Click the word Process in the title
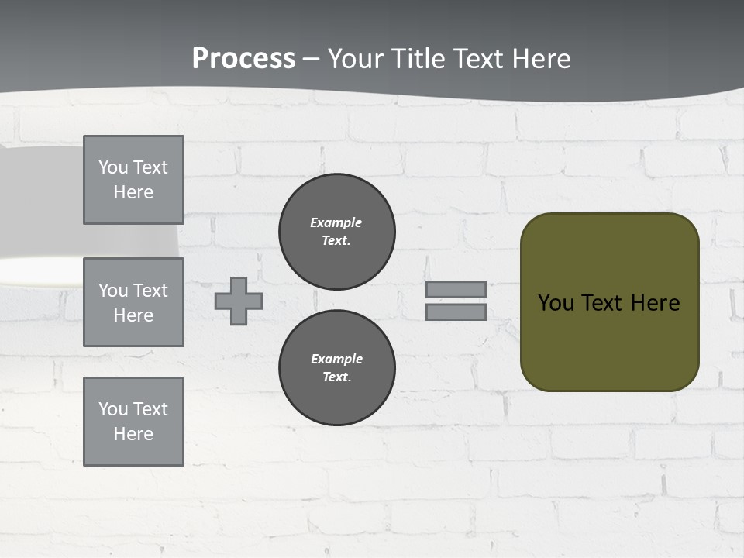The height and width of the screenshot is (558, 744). coord(243,59)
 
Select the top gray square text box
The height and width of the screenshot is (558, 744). coord(133,180)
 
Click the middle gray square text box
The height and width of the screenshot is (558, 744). coord(133,302)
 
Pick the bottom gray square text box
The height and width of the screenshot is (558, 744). coord(133,421)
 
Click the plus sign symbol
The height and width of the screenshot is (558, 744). coord(239,301)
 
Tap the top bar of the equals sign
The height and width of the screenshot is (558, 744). coord(456,289)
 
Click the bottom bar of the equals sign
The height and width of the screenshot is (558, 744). coord(456,312)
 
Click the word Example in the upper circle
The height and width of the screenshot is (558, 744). coord(336,222)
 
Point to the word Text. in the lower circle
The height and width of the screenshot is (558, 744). coord(336,377)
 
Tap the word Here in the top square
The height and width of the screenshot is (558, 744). coord(133,192)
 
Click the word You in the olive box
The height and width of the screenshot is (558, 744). coord(556,303)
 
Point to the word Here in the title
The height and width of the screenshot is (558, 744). coord(539,59)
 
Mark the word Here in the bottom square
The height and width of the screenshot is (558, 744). coord(133,434)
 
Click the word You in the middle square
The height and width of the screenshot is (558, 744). coord(112,291)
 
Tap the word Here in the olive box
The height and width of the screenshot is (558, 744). coord(655,303)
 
